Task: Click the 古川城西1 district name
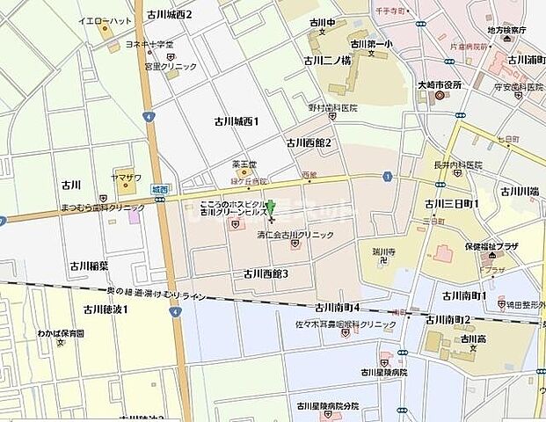click(x=237, y=120)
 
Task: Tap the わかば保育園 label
click(x=61, y=333)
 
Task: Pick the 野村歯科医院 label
click(x=332, y=107)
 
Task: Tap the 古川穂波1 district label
click(x=106, y=309)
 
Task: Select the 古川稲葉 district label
click(x=90, y=265)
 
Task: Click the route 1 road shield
click(x=387, y=177)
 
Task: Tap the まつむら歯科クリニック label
click(x=102, y=207)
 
